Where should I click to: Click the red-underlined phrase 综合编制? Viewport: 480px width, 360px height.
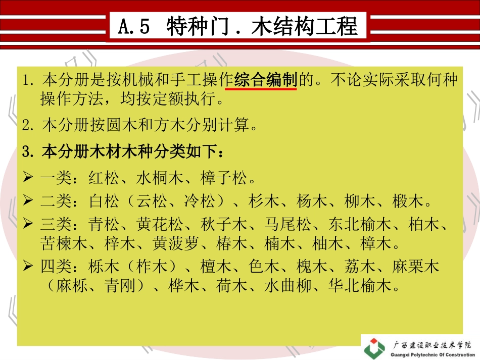[265, 80]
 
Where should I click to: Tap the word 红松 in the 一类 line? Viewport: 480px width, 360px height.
[104, 178]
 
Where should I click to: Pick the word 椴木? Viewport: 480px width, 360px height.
[407, 202]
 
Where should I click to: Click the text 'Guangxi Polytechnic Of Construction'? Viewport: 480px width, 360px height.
[434, 354]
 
